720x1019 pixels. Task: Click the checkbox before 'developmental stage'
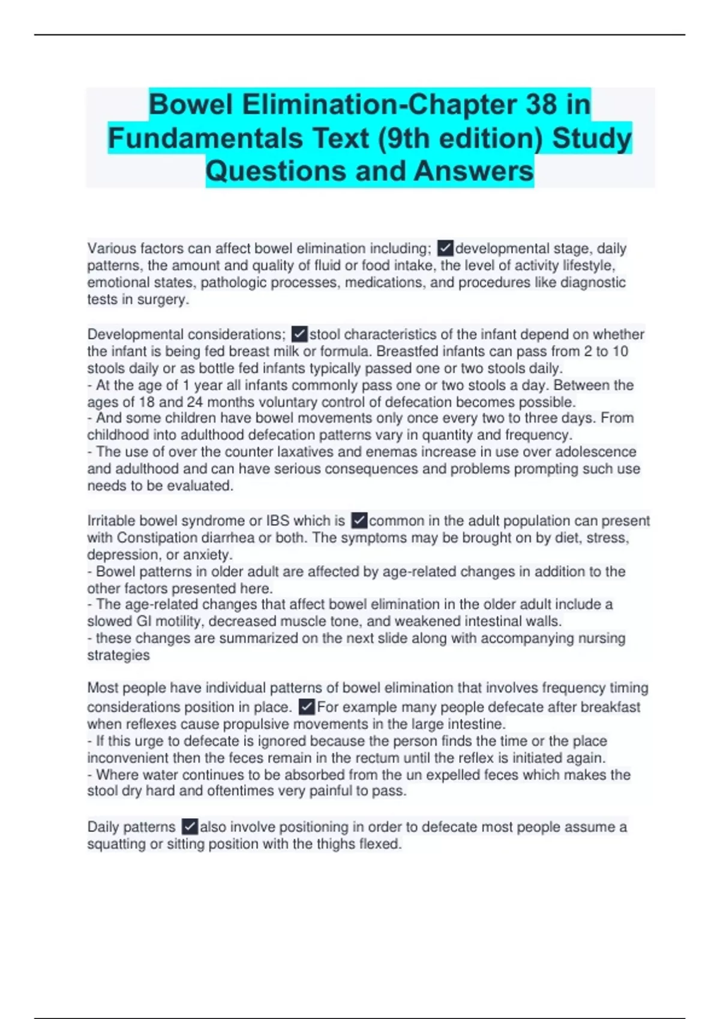445,248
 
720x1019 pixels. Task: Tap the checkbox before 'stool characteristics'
299,334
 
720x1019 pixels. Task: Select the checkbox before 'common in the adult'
359,520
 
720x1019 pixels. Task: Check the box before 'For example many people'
307,707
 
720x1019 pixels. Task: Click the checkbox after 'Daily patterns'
190,827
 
